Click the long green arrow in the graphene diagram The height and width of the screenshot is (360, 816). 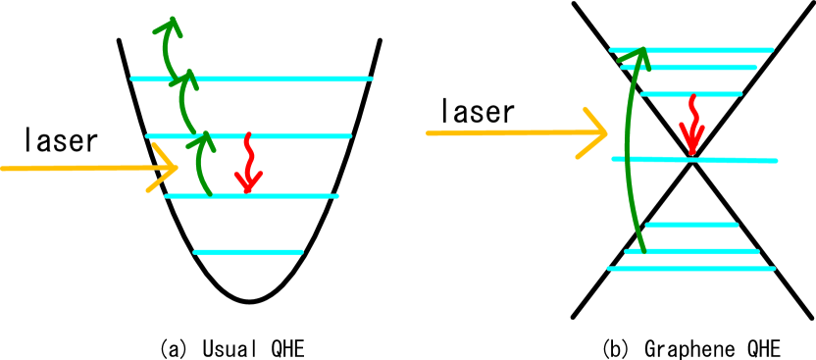[628, 147]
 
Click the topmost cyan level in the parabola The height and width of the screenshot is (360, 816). [250, 78]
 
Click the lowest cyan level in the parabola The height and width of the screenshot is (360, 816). [248, 252]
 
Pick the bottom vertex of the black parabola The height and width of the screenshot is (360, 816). [249, 301]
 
